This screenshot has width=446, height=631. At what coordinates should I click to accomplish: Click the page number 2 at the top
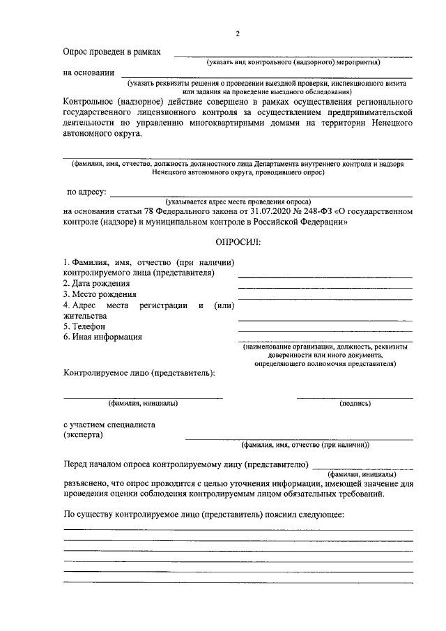(x=238, y=34)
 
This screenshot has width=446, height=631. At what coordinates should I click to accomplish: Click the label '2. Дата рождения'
(x=96, y=283)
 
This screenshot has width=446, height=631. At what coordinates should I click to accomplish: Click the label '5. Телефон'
(x=84, y=326)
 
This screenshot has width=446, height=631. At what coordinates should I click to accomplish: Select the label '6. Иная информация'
(x=103, y=337)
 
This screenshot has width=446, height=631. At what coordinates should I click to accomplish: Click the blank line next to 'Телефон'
(x=325, y=330)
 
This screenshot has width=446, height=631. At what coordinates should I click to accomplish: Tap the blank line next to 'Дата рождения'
(x=325, y=287)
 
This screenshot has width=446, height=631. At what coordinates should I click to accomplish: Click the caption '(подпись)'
(x=355, y=403)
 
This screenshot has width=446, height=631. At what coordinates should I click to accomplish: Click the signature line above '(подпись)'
(x=355, y=397)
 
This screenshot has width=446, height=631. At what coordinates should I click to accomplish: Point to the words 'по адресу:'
(x=86, y=191)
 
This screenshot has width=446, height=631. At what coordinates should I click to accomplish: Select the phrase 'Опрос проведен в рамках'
(x=111, y=52)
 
